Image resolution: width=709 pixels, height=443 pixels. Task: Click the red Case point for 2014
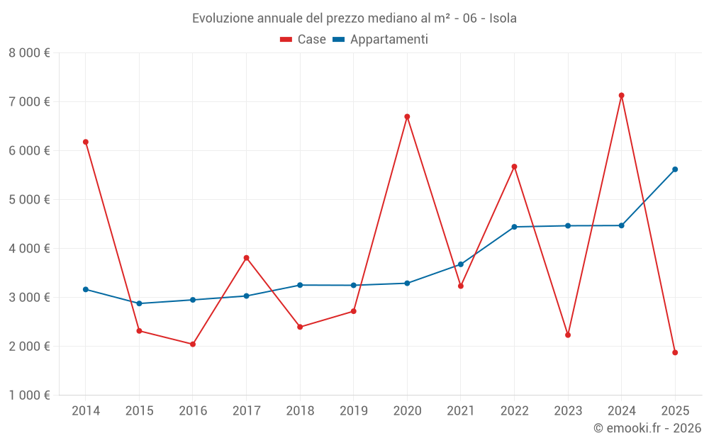(x=86, y=142)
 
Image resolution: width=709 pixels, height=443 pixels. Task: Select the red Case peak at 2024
(x=621, y=95)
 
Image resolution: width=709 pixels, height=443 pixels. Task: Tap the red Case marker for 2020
(x=407, y=116)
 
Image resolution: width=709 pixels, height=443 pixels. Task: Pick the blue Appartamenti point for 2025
(x=675, y=169)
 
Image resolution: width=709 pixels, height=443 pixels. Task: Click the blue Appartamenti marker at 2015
(x=139, y=303)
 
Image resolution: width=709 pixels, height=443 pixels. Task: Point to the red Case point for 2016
(x=193, y=344)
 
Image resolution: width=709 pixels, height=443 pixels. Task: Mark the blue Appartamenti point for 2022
(x=514, y=227)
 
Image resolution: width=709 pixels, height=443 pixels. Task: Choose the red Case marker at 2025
(x=675, y=352)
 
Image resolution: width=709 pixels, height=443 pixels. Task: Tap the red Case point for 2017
(x=246, y=257)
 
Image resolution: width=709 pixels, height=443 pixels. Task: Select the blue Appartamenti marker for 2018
(x=300, y=285)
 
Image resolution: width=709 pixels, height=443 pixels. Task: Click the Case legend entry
(x=303, y=40)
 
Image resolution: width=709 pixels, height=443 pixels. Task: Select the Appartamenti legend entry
(x=381, y=40)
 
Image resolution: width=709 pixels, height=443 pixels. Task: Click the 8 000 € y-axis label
(x=29, y=52)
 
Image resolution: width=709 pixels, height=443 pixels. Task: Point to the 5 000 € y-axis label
(x=29, y=199)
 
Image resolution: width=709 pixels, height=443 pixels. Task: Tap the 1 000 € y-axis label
(x=29, y=395)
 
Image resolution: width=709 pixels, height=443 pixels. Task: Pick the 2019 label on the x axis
(x=353, y=410)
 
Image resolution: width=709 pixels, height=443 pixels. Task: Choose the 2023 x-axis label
(x=568, y=410)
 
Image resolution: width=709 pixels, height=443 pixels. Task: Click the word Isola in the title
(x=503, y=18)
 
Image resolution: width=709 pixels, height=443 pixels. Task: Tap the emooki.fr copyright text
(x=647, y=427)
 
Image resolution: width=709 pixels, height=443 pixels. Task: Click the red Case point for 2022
(x=514, y=167)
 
